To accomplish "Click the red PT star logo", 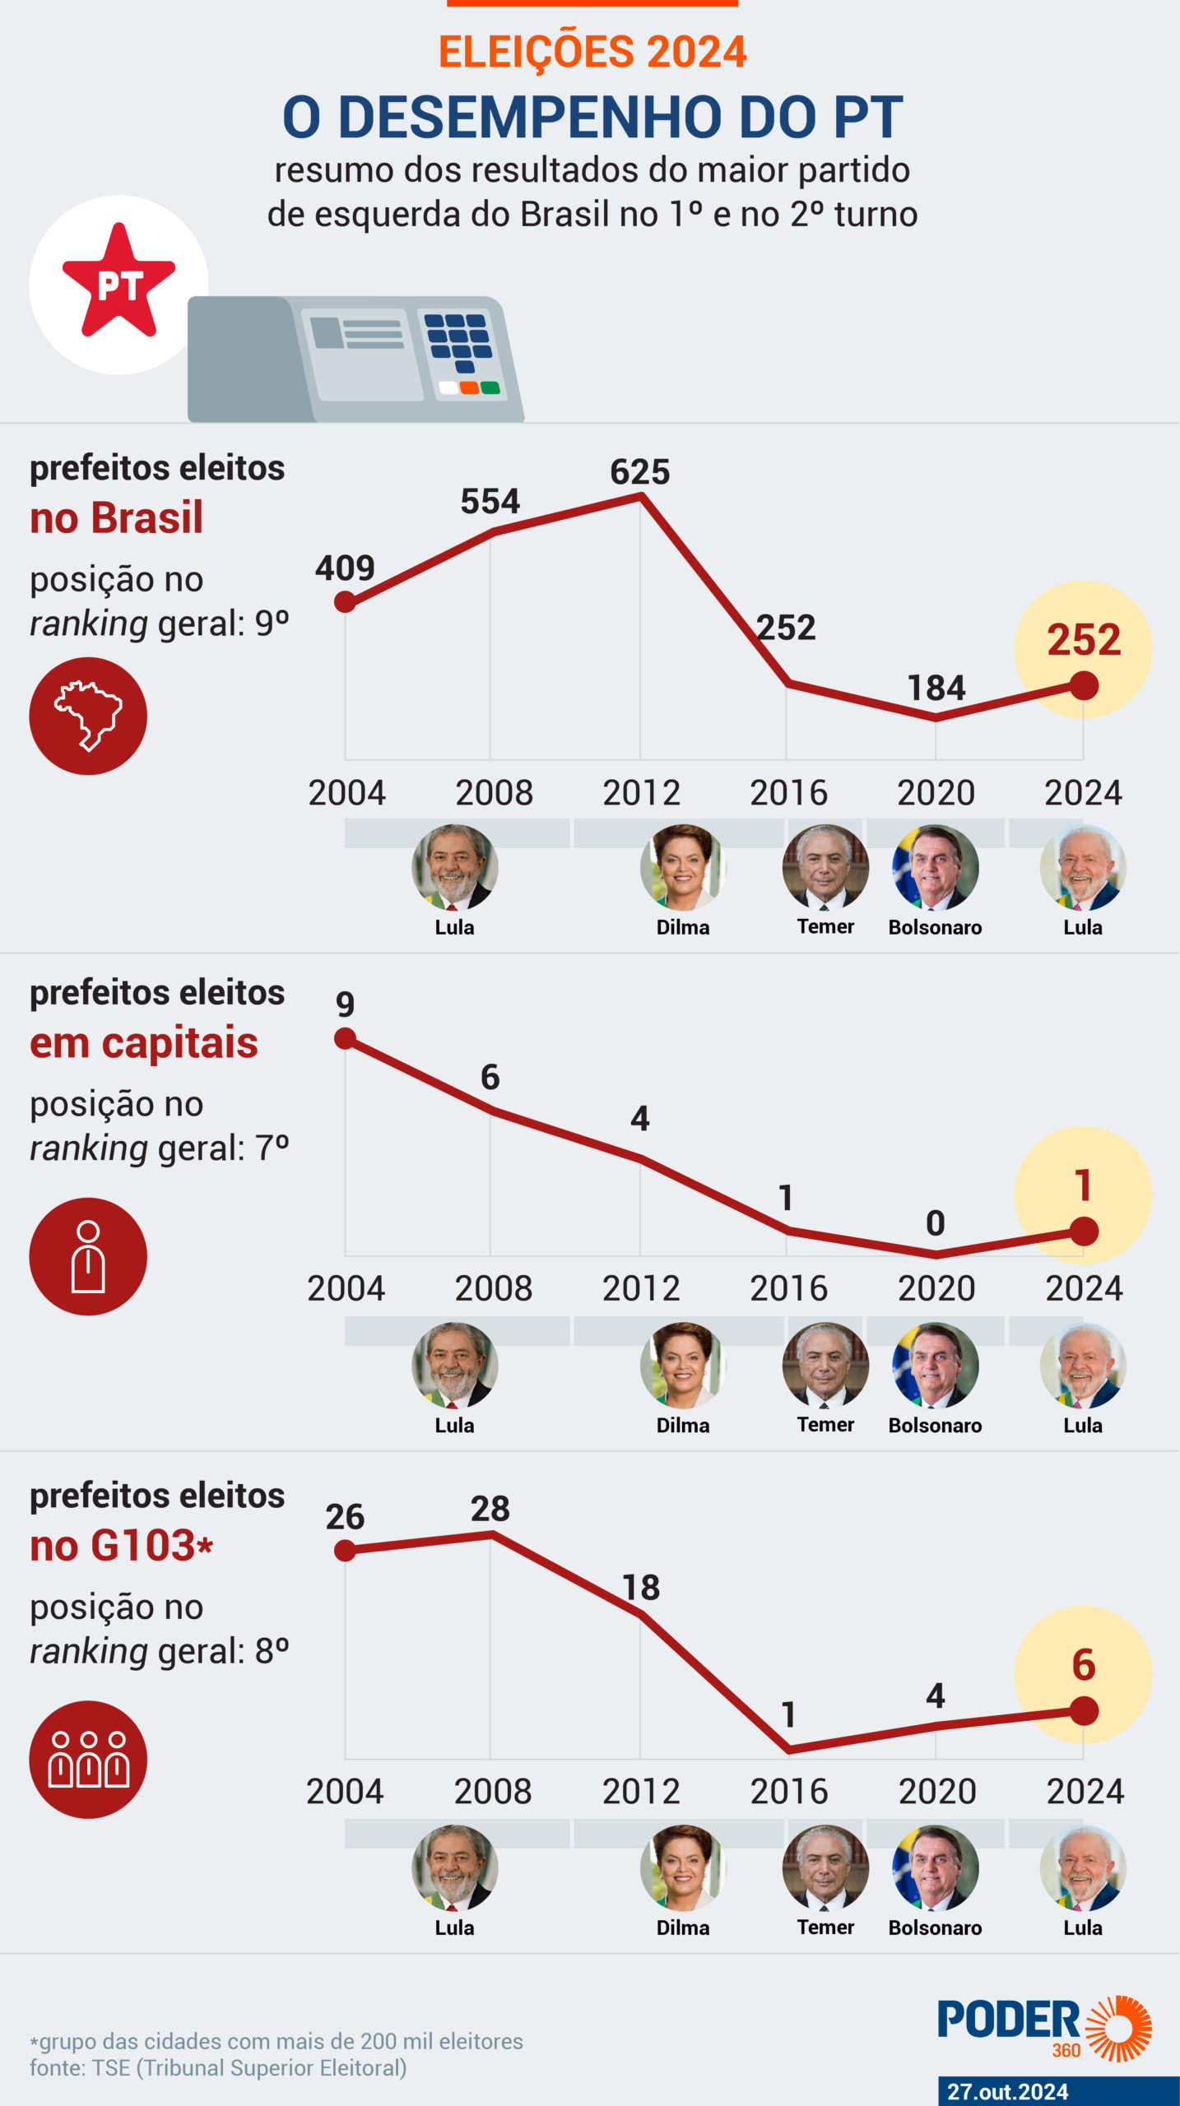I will click(x=118, y=282).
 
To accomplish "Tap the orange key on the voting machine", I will click(x=469, y=387).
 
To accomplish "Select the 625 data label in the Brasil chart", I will click(x=640, y=472).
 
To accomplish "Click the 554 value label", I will click(x=490, y=502).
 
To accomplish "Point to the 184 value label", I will click(x=936, y=688).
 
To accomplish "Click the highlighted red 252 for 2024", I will click(x=1084, y=640).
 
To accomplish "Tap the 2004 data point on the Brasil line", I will click(x=346, y=602).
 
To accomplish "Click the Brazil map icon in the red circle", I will click(x=88, y=716).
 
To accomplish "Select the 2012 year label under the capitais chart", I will click(x=641, y=1288).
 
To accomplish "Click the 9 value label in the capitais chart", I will click(x=346, y=1004).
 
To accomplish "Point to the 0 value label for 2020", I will click(x=936, y=1223).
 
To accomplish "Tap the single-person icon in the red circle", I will click(x=88, y=1257).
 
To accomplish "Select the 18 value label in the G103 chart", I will click(x=641, y=1588).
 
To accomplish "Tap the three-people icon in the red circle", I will click(x=88, y=1760).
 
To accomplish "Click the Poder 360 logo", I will click(x=1043, y=2027).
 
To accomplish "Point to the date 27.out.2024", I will click(x=1007, y=2091).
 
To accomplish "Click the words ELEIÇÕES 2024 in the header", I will click(x=592, y=51).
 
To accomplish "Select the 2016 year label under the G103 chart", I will click(x=788, y=1792).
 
